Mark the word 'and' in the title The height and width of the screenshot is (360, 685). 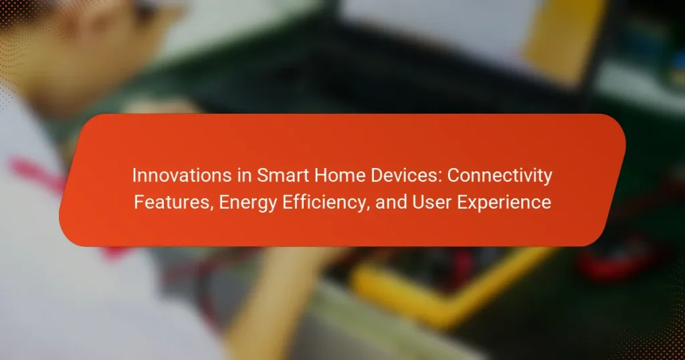(391, 202)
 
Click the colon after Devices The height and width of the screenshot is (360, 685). (441, 177)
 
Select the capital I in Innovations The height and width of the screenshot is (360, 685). (134, 175)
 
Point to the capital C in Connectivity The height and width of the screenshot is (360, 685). (454, 175)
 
